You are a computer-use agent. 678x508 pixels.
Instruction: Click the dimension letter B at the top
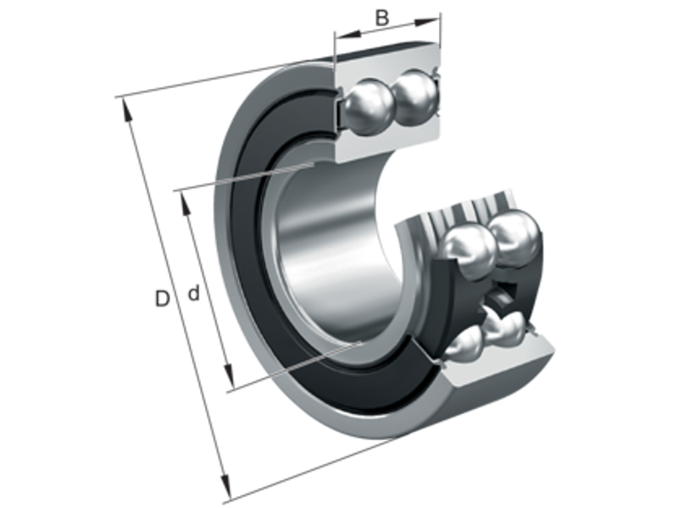[x=383, y=16]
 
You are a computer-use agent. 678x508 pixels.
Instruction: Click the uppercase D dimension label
[x=161, y=297]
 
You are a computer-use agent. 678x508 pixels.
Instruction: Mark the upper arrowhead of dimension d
[x=185, y=201]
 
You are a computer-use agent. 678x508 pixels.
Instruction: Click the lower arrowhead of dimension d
[x=227, y=377]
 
